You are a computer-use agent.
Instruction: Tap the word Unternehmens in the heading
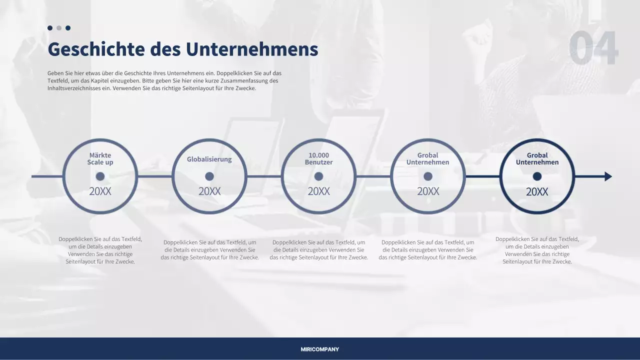[252, 49]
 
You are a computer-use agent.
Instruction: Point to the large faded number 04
[593, 48]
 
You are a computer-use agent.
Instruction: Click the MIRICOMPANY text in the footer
[320, 349]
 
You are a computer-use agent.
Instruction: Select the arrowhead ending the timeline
[608, 176]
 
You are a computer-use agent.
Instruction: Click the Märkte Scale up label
[100, 158]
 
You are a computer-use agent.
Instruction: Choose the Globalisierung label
[209, 159]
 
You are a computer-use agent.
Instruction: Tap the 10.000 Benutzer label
[319, 158]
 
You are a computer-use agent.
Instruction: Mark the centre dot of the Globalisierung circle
[209, 176]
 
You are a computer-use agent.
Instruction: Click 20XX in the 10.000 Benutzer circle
[318, 191]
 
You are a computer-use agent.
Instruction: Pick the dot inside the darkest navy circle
[537, 176]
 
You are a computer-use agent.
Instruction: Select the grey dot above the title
[59, 28]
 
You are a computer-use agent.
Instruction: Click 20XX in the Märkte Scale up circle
[100, 191]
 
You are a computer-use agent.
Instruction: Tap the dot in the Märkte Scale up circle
[100, 176]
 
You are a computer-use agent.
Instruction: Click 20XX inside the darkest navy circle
[537, 192]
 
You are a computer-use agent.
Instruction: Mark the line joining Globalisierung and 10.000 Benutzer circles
[264, 176]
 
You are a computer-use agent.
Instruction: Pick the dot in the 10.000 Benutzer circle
[318, 176]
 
